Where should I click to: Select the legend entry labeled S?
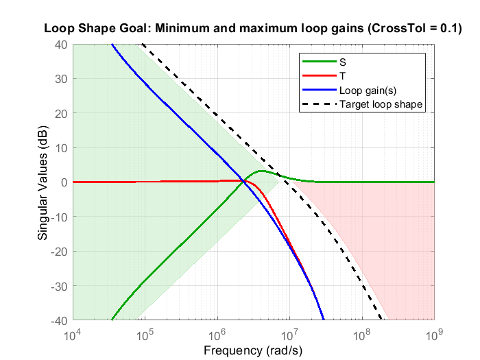(x=342, y=61)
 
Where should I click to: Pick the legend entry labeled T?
(x=342, y=75)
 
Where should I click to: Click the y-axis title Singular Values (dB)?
(x=43, y=182)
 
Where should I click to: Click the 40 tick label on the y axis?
(x=60, y=45)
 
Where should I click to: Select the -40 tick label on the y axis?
(x=58, y=320)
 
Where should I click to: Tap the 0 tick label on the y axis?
(x=63, y=182)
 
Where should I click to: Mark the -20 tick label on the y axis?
(x=58, y=252)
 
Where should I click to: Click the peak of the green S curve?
(x=262, y=171)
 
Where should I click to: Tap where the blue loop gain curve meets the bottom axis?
(x=323, y=320)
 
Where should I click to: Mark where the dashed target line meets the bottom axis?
(x=383, y=320)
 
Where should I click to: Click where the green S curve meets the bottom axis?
(x=112, y=320)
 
